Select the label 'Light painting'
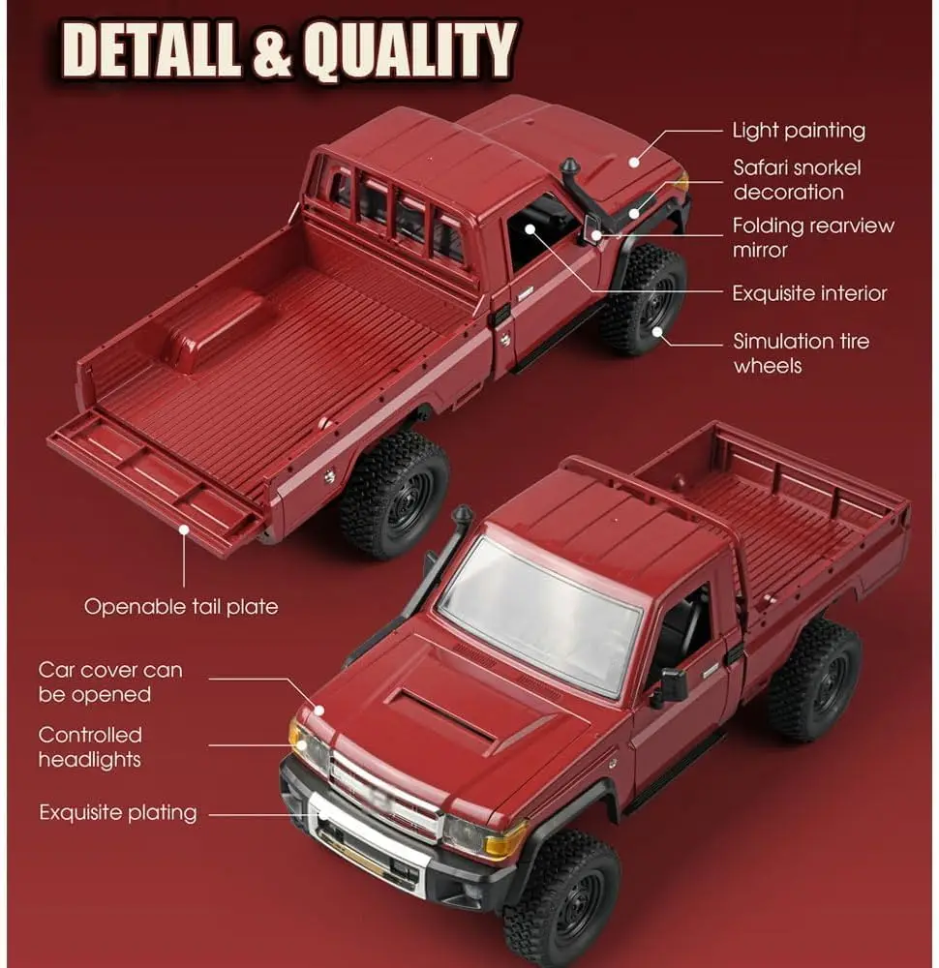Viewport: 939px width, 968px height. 798,130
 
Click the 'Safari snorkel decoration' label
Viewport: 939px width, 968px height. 796,179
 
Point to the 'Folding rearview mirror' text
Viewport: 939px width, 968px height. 812,237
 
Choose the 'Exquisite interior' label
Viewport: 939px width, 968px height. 808,292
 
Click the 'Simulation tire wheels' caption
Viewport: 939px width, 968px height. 801,352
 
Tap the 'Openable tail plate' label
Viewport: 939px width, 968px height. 180,607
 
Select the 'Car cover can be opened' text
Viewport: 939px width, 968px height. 109,681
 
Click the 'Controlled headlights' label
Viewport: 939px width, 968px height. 89,746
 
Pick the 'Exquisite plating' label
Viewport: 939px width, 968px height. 117,812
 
